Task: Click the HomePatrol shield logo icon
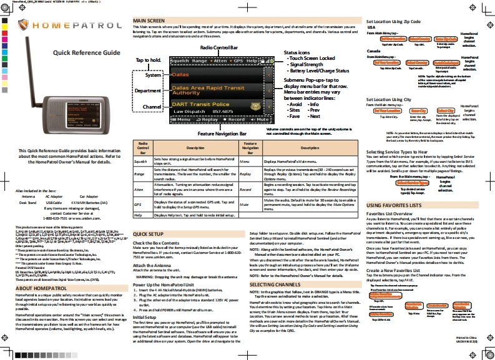(24, 26)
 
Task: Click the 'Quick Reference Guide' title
(86, 53)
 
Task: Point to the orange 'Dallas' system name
(180, 75)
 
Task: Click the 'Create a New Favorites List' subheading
(401, 270)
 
